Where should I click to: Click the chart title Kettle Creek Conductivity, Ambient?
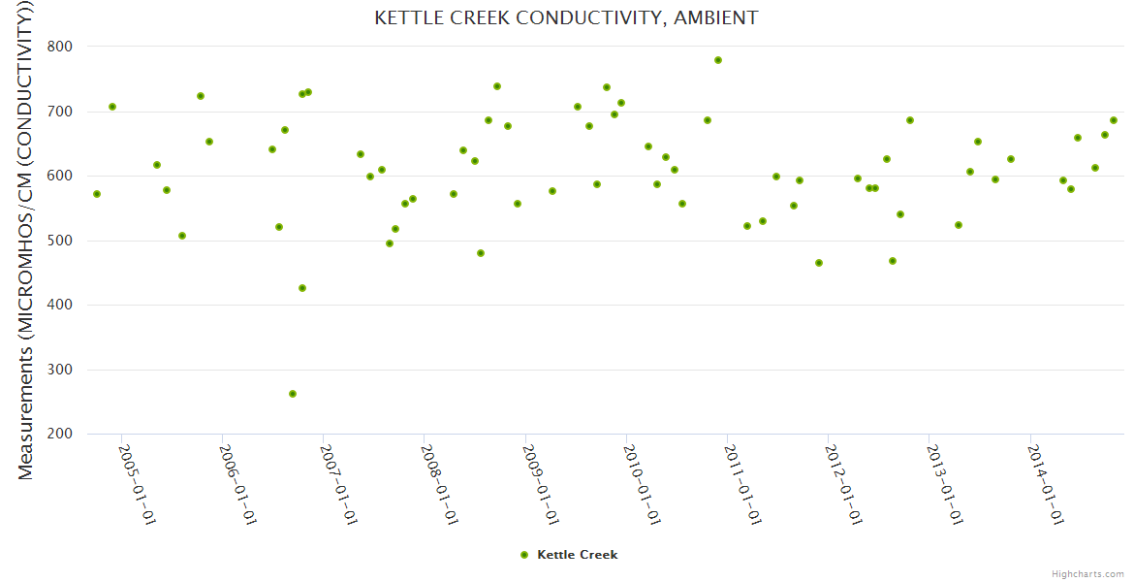tap(566, 17)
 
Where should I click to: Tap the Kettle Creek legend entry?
tap(577, 555)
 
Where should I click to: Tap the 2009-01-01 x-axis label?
tap(538, 485)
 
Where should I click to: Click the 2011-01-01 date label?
tap(740, 485)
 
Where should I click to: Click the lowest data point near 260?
tap(293, 394)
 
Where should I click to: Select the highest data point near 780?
tap(718, 60)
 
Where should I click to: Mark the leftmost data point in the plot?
tap(97, 194)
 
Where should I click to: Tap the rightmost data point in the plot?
tap(1114, 120)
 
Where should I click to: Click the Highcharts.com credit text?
tap(1087, 573)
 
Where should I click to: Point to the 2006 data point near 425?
tap(302, 288)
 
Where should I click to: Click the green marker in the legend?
tap(524, 555)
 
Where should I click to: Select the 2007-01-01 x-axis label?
tap(336, 485)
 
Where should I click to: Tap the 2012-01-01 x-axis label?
tap(841, 485)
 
